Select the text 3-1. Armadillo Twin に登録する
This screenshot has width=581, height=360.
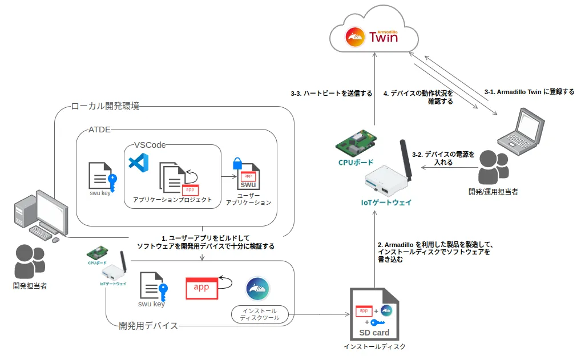point(529,91)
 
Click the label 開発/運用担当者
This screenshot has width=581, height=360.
point(493,192)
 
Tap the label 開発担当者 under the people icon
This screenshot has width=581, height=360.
point(30,285)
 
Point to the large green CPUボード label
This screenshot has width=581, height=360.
point(356,162)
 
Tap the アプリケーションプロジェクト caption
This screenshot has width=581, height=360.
point(172,200)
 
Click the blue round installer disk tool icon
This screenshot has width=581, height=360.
point(257,289)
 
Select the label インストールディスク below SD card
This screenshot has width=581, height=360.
point(374,346)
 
